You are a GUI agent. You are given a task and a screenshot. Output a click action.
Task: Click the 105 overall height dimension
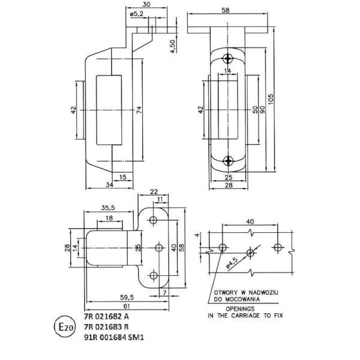point(272,98)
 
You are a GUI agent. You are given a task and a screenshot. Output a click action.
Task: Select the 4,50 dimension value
point(173,46)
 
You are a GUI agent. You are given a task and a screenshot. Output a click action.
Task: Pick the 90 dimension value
point(262,111)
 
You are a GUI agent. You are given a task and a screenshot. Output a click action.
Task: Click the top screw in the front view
point(229,59)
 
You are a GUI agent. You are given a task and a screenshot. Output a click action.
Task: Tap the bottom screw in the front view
point(229,160)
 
